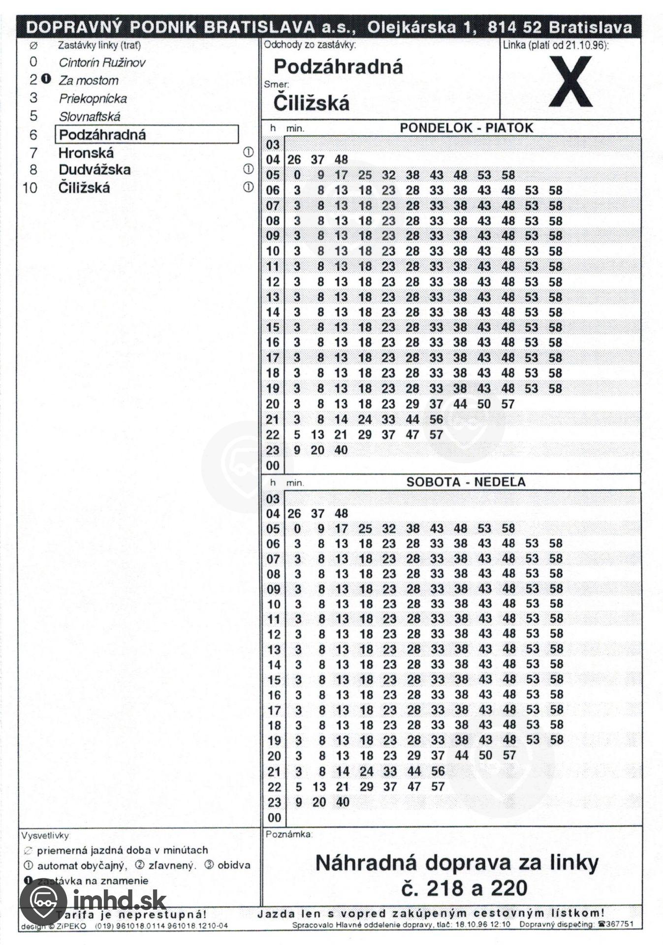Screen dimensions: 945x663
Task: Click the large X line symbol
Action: (x=570, y=81)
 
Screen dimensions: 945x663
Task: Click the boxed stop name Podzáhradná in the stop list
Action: (x=102, y=134)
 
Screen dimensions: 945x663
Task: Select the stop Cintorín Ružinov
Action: (x=102, y=63)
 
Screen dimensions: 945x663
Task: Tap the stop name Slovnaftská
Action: (x=90, y=117)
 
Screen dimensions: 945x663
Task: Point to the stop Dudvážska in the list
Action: (x=95, y=170)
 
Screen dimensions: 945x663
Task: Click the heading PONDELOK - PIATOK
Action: (x=466, y=128)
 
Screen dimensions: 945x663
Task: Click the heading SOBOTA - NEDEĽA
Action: (x=466, y=482)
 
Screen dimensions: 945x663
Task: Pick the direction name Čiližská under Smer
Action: (x=312, y=103)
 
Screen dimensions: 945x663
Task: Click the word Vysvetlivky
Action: (x=45, y=835)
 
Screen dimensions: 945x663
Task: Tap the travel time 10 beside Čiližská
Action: (x=30, y=188)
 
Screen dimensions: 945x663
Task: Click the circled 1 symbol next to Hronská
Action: (x=249, y=152)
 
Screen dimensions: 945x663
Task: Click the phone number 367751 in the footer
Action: (x=621, y=924)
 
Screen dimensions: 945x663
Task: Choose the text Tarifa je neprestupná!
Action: (x=131, y=914)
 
